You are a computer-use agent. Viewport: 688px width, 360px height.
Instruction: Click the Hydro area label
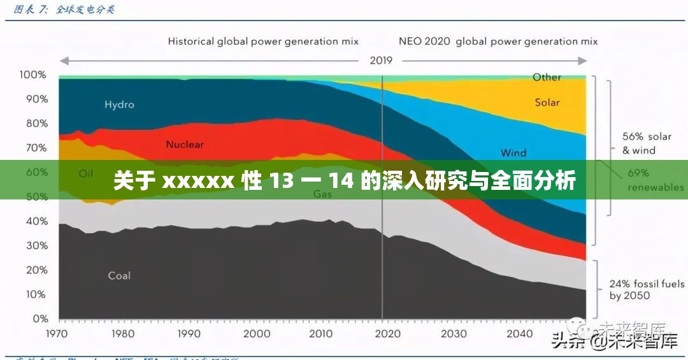(119, 104)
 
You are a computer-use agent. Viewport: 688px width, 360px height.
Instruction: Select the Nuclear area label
(185, 145)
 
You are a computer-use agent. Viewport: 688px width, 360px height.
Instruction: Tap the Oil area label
(86, 173)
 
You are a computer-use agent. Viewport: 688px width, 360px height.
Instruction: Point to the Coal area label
(119, 276)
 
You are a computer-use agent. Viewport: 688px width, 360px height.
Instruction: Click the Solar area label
(547, 103)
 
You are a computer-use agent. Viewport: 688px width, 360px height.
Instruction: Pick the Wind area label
(513, 153)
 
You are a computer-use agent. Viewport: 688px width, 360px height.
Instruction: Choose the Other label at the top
(547, 77)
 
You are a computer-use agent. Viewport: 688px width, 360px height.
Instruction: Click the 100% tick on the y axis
(33, 75)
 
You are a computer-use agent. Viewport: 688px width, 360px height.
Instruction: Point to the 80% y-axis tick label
(36, 124)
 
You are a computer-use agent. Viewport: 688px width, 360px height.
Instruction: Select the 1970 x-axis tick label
(59, 333)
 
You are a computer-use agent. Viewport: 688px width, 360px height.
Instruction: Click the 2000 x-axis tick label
(257, 333)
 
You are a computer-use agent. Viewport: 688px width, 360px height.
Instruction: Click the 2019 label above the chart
(381, 61)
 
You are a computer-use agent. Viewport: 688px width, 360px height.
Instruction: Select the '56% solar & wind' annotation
(647, 143)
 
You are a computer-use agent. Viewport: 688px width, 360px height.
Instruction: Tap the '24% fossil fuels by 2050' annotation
(647, 290)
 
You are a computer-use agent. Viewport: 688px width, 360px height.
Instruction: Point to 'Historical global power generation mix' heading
(263, 41)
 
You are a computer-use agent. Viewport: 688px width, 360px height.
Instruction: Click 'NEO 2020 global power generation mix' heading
(498, 41)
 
